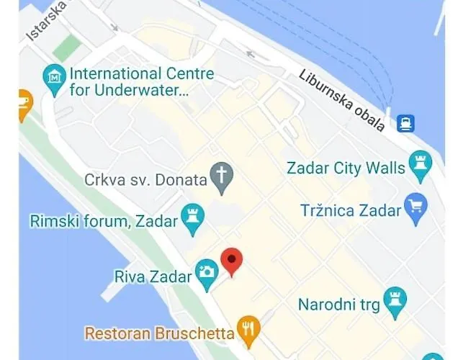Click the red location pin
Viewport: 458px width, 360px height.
231,261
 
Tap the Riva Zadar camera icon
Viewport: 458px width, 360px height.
207,271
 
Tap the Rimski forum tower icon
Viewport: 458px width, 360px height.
192,218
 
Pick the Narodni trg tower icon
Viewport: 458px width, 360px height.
395,303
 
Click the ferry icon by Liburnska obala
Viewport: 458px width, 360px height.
406,122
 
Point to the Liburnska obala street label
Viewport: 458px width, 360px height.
341,101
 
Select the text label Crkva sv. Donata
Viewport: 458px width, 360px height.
145,179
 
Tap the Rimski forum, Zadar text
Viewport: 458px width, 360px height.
104,221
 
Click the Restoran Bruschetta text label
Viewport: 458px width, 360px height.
159,333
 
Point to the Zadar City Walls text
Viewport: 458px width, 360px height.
346,168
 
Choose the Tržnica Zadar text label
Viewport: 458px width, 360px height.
350,210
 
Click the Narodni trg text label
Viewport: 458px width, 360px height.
338,305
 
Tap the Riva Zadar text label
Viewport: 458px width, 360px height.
153,275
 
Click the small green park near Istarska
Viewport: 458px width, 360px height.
67,47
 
